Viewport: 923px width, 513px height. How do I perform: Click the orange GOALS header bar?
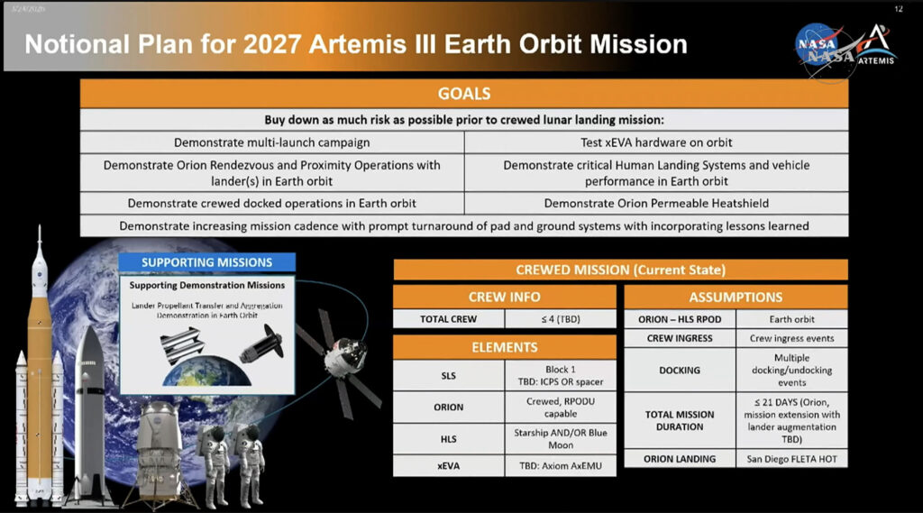(463, 94)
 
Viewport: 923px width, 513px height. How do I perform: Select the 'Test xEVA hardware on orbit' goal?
(655, 142)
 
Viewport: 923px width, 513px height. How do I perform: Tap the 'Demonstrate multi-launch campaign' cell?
(272, 142)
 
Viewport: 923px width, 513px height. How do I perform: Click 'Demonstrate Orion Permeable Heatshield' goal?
(655, 203)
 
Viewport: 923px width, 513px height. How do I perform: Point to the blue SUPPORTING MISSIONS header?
(206, 262)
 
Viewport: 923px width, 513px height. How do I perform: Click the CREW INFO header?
(505, 297)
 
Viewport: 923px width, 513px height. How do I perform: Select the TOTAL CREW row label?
(448, 319)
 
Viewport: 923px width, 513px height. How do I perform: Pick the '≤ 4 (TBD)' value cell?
(560, 319)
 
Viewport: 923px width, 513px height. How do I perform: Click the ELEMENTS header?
(505, 346)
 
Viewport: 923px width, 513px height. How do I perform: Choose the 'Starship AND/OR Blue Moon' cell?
(560, 438)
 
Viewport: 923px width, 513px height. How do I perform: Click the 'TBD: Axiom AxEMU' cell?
(560, 466)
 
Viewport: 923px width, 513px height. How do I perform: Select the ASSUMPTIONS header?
(736, 297)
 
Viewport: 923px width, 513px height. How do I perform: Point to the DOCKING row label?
(680, 370)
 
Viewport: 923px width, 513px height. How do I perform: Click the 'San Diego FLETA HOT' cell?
(792, 459)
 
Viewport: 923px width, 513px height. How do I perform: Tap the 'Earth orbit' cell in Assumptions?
(792, 319)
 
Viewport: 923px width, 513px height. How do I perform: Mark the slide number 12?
(898, 8)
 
